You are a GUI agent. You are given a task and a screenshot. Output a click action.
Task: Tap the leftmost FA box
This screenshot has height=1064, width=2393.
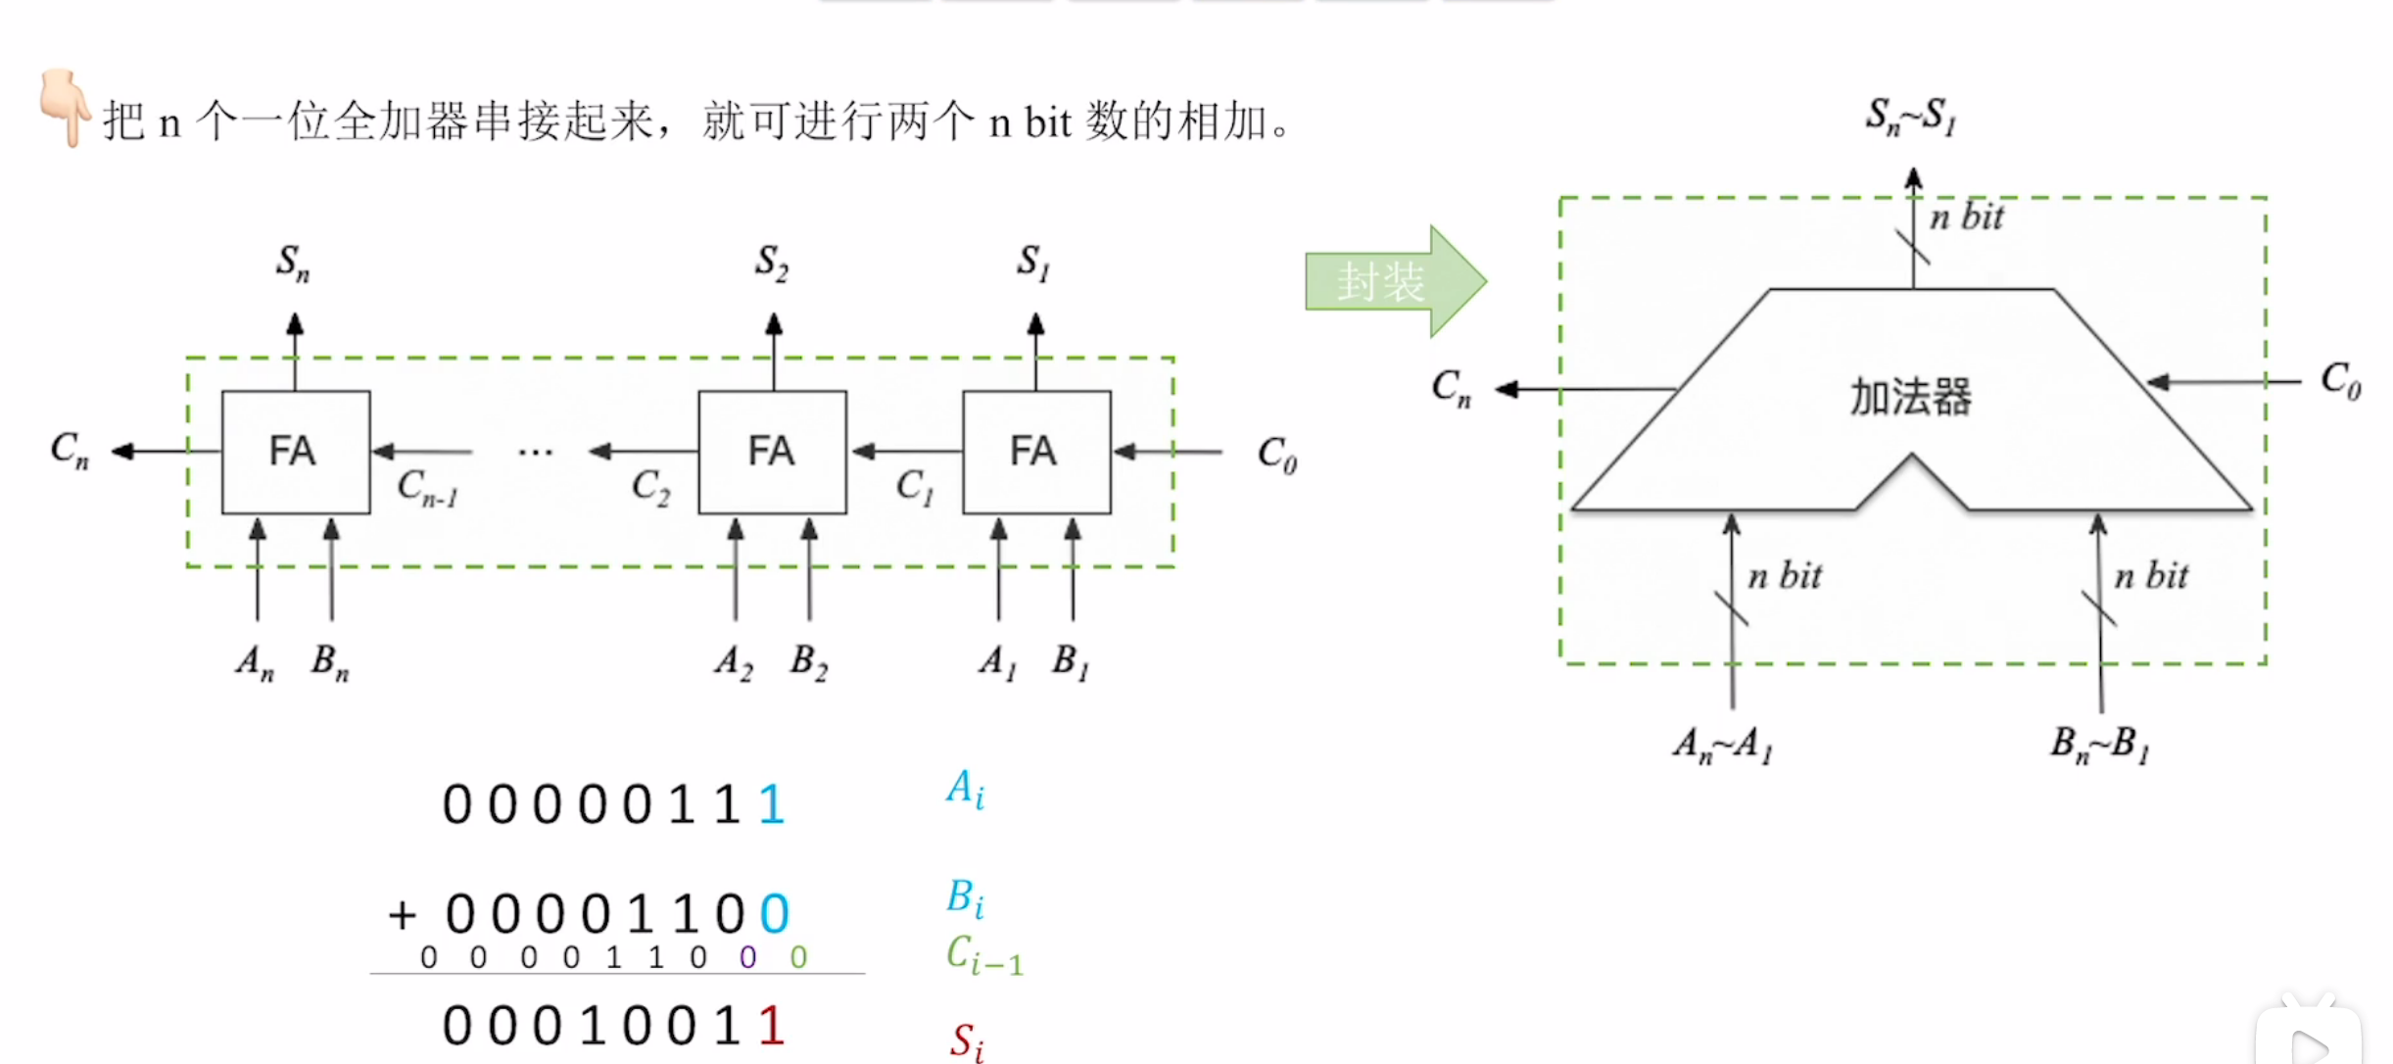[x=295, y=452]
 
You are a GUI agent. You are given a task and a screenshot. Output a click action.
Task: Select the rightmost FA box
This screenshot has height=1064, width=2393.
[x=1035, y=452]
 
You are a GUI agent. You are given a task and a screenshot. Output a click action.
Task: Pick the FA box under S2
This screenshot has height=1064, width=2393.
[x=772, y=452]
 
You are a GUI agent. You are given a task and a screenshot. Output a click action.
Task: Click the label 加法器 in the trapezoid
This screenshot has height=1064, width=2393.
[x=1910, y=397]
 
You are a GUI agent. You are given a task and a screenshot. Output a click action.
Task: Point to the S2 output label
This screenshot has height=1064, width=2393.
[x=771, y=263]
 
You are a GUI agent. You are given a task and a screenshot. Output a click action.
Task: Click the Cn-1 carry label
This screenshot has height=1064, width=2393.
[x=427, y=487]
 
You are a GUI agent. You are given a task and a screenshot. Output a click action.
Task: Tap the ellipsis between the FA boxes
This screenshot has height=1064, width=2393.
[x=535, y=453]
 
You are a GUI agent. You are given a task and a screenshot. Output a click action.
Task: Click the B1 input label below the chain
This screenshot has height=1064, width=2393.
[x=1070, y=662]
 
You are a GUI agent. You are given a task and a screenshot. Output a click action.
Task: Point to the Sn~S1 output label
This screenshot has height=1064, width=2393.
[x=1910, y=117]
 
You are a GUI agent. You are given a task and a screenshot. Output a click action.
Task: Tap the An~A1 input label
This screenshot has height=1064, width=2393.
[x=1722, y=745]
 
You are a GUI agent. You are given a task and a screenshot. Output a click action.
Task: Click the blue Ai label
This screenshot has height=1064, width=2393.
[x=965, y=789]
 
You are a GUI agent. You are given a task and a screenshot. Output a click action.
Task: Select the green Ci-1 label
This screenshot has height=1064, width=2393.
[x=983, y=954]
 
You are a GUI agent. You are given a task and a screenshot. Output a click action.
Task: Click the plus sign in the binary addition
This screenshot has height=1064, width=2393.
[x=402, y=915]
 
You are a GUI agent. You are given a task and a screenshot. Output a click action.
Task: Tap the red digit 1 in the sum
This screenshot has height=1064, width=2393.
[x=771, y=1026]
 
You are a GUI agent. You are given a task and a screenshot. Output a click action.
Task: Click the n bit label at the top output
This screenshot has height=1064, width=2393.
[x=1966, y=217]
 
